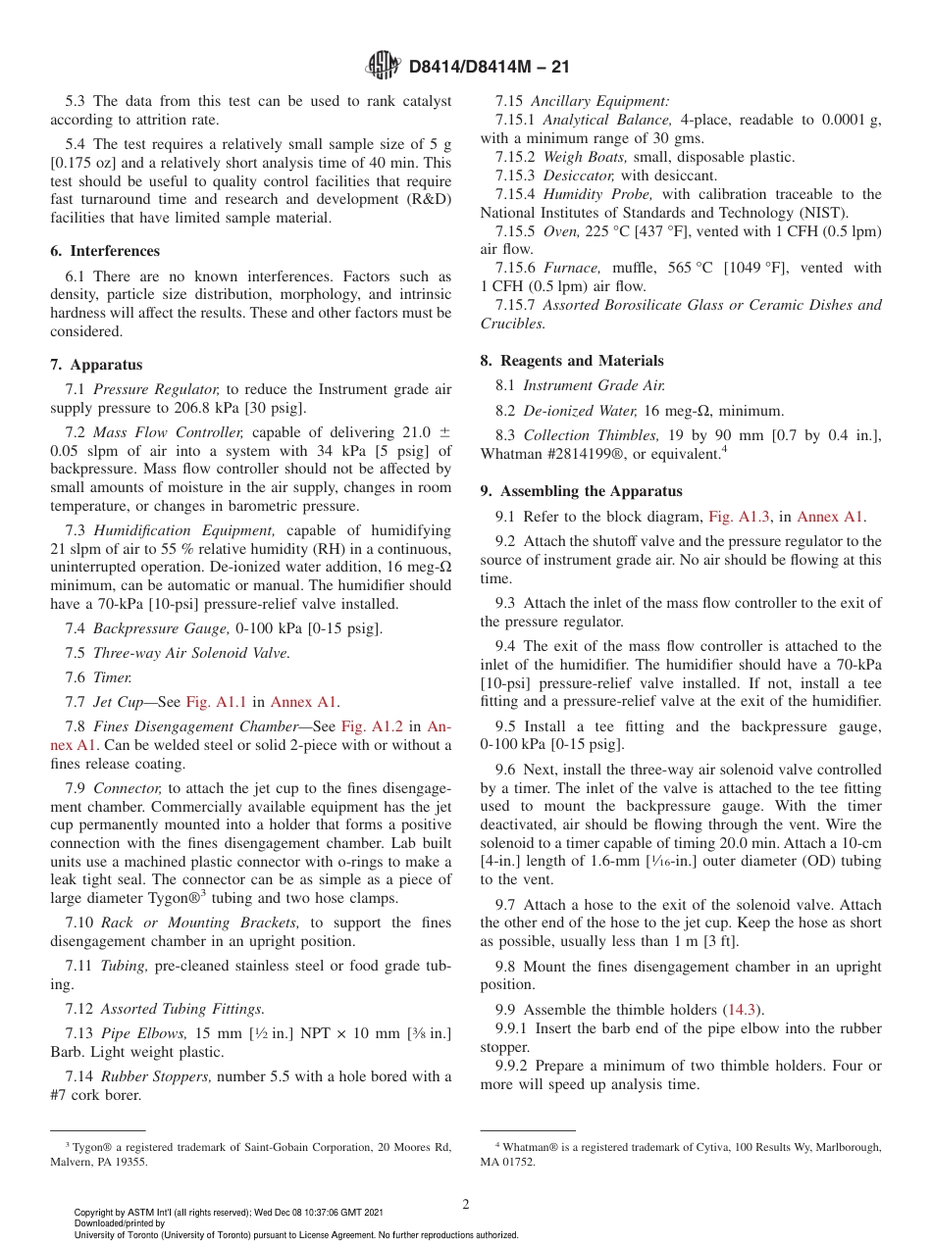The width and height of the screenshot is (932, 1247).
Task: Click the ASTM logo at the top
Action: tap(382, 67)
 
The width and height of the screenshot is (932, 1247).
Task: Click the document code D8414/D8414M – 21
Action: tap(488, 68)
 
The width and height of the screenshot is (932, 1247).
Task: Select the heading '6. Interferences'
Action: tap(105, 251)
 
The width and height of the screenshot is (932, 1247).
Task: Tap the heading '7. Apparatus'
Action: tap(96, 365)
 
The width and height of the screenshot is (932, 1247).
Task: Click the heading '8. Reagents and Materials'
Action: tap(572, 361)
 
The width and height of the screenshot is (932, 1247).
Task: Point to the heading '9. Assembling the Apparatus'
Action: tap(581, 491)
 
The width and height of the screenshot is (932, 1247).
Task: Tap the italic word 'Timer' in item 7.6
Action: tap(112, 677)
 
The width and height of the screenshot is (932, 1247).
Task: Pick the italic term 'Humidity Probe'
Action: tap(597, 194)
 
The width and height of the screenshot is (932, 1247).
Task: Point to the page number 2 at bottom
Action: tap(465, 1205)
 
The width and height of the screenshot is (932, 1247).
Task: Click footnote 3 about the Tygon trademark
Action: tap(250, 1154)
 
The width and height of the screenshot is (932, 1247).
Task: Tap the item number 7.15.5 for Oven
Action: tap(515, 231)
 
